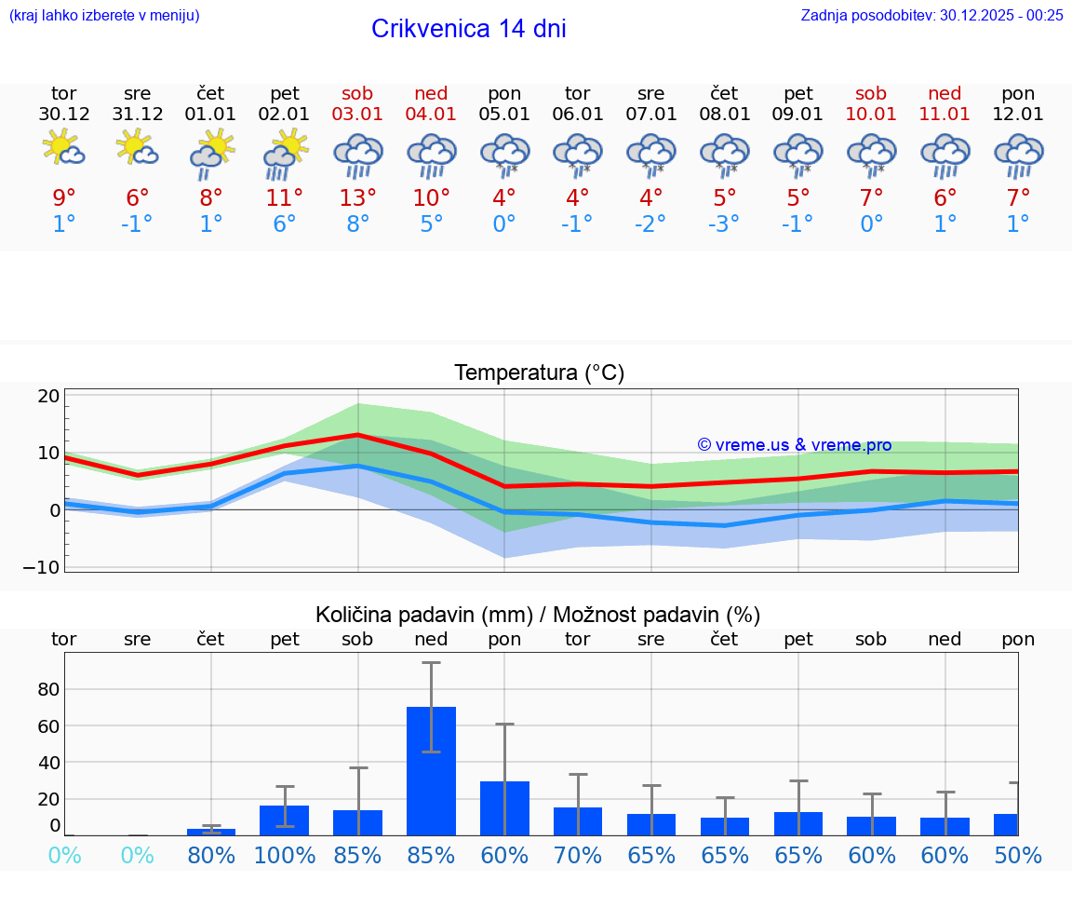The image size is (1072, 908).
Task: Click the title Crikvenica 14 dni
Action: pos(468,29)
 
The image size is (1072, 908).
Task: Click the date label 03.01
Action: pos(357,115)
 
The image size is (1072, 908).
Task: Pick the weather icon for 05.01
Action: pos(504,156)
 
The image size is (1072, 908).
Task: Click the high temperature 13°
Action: pos(357,197)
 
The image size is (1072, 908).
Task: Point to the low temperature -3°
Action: pos(724,224)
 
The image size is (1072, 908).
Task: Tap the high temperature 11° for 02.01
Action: pos(284,197)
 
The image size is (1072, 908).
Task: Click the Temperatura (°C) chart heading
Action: pos(539,373)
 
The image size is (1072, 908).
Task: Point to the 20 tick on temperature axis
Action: pos(48,396)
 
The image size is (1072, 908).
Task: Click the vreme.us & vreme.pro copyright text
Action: pos(794,445)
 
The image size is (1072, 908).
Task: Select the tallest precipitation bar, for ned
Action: pos(431,770)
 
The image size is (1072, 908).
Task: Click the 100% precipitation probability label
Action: pos(285,856)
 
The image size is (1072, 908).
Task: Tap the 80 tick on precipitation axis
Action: pos(48,689)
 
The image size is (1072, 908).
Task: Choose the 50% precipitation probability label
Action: pos(1018,856)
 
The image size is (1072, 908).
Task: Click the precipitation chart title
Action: pos(537,615)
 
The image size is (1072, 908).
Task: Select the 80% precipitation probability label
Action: pos(211,856)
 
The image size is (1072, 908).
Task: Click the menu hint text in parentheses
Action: pos(104,15)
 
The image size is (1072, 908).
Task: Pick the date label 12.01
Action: pos(1018,115)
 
